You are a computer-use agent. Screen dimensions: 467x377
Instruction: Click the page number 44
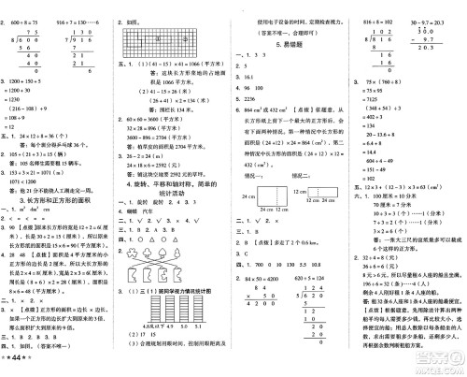coord(18,362)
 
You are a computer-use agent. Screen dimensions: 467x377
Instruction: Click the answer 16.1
coord(249,77)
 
